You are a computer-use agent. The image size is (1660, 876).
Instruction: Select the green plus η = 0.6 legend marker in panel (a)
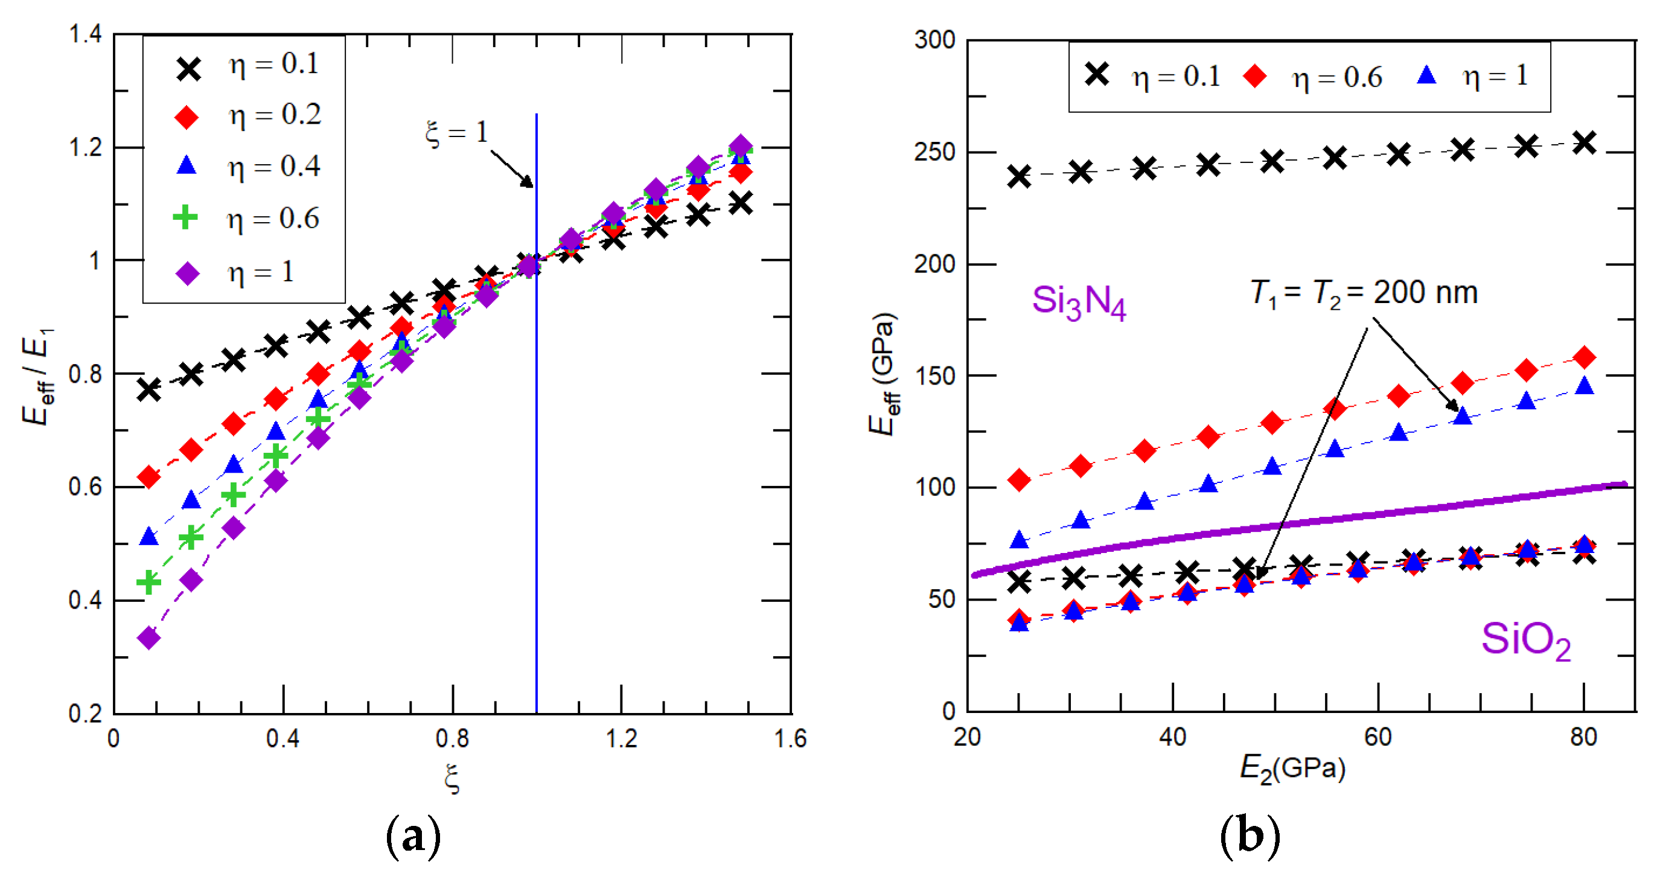click(185, 217)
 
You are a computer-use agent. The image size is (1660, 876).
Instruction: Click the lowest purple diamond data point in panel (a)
click(149, 638)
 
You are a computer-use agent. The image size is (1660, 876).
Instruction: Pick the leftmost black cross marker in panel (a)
click(149, 390)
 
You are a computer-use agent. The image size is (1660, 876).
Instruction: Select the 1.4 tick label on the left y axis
click(85, 34)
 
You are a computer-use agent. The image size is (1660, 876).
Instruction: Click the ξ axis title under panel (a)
click(452, 779)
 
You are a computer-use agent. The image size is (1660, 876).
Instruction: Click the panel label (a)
click(413, 836)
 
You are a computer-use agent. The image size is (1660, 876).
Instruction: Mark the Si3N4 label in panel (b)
click(1079, 302)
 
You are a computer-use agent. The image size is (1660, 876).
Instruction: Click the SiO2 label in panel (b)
click(1525, 641)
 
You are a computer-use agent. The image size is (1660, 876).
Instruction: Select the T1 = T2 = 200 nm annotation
click(1364, 293)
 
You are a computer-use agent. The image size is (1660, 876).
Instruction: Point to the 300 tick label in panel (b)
click(934, 40)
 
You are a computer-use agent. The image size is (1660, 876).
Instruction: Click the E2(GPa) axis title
click(1292, 769)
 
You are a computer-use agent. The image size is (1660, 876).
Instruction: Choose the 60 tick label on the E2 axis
click(1377, 737)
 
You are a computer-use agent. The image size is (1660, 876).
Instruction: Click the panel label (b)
click(1250, 836)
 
